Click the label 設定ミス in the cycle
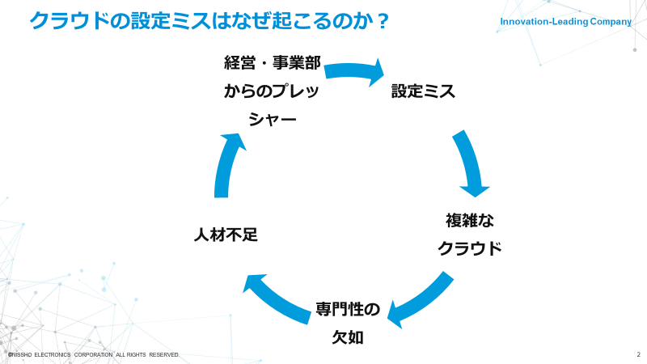click(423, 91)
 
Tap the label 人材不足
click(226, 235)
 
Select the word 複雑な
click(470, 220)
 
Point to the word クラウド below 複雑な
click(470, 248)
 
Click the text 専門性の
click(347, 310)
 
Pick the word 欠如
click(348, 337)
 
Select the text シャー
click(272, 120)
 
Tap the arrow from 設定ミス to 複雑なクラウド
click(470, 163)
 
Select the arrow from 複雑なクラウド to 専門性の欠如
click(421, 299)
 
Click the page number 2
click(638, 355)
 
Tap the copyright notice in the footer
click(93, 355)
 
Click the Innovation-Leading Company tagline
click(565, 22)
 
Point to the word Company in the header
click(611, 22)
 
